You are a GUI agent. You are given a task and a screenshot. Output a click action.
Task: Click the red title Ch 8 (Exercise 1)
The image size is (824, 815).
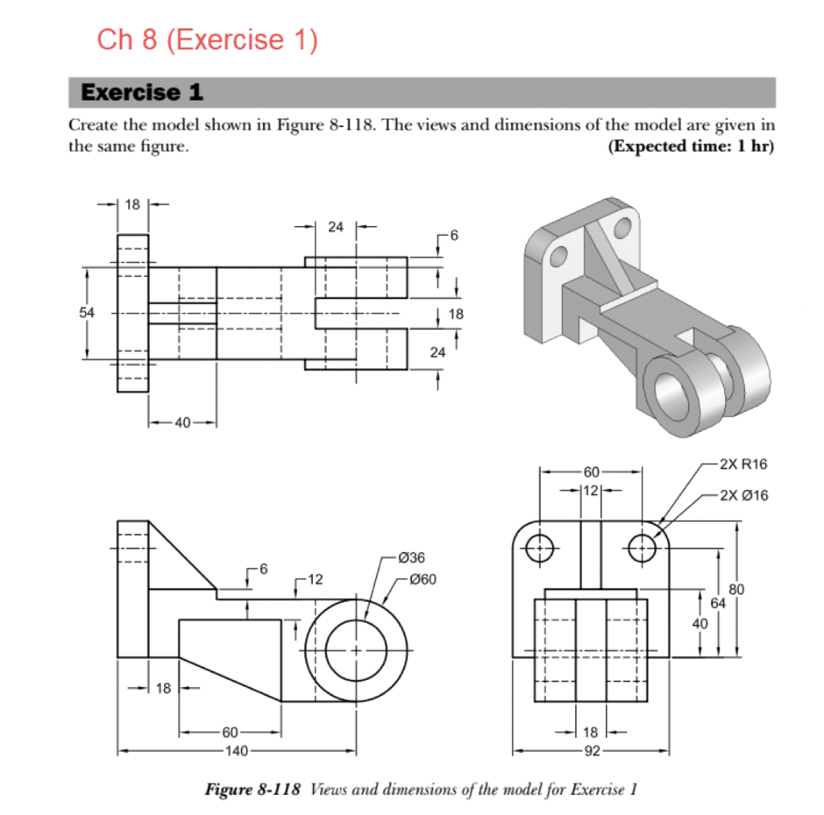click(x=207, y=39)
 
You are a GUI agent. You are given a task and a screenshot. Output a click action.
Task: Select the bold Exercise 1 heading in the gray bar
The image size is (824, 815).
click(x=142, y=93)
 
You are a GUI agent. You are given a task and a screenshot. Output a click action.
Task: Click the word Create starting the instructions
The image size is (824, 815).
click(x=89, y=126)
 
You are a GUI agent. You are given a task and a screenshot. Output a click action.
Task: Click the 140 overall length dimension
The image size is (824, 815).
click(x=236, y=751)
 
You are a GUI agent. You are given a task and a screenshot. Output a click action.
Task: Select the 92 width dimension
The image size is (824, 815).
click(x=591, y=751)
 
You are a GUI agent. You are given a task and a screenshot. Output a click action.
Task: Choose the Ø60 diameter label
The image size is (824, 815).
click(x=422, y=578)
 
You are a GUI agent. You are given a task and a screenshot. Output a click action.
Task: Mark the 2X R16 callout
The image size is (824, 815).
click(x=744, y=464)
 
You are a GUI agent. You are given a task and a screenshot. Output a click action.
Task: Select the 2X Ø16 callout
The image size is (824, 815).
click(x=744, y=495)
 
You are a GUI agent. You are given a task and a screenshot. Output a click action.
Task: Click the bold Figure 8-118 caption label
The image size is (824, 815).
click(x=253, y=788)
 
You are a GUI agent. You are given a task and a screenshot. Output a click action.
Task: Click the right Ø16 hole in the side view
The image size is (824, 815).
click(x=642, y=549)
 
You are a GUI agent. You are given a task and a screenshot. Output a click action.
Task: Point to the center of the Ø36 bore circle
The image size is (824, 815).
click(x=356, y=649)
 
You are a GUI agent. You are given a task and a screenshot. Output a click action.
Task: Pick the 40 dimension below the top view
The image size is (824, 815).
click(x=182, y=422)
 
